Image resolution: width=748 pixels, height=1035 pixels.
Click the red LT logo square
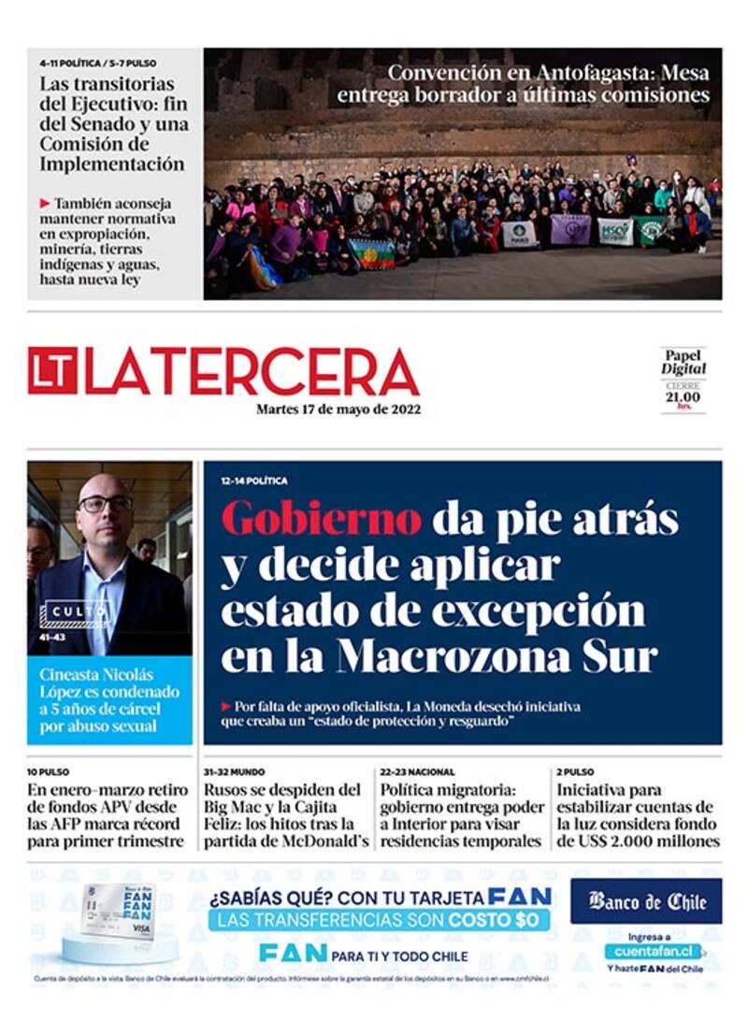pyautogui.click(x=52, y=371)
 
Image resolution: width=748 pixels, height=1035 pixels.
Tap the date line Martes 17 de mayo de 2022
pyautogui.click(x=338, y=409)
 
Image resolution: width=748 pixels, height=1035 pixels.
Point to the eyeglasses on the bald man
pyautogui.click(x=105, y=503)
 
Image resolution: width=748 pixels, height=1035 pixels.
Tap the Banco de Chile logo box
pyautogui.click(x=646, y=902)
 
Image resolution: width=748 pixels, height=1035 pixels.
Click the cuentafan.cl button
pyautogui.click(x=652, y=951)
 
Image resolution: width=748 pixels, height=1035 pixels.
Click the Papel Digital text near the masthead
pyautogui.click(x=683, y=362)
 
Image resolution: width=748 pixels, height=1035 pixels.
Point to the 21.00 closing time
pyautogui.click(x=683, y=397)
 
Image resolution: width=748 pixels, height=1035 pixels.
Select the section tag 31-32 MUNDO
pyautogui.click(x=235, y=772)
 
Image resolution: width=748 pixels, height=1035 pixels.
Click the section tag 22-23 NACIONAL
pyautogui.click(x=417, y=772)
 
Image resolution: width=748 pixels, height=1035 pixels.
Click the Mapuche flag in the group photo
pyautogui.click(x=372, y=253)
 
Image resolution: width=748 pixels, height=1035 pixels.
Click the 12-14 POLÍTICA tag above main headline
pyautogui.click(x=254, y=481)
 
